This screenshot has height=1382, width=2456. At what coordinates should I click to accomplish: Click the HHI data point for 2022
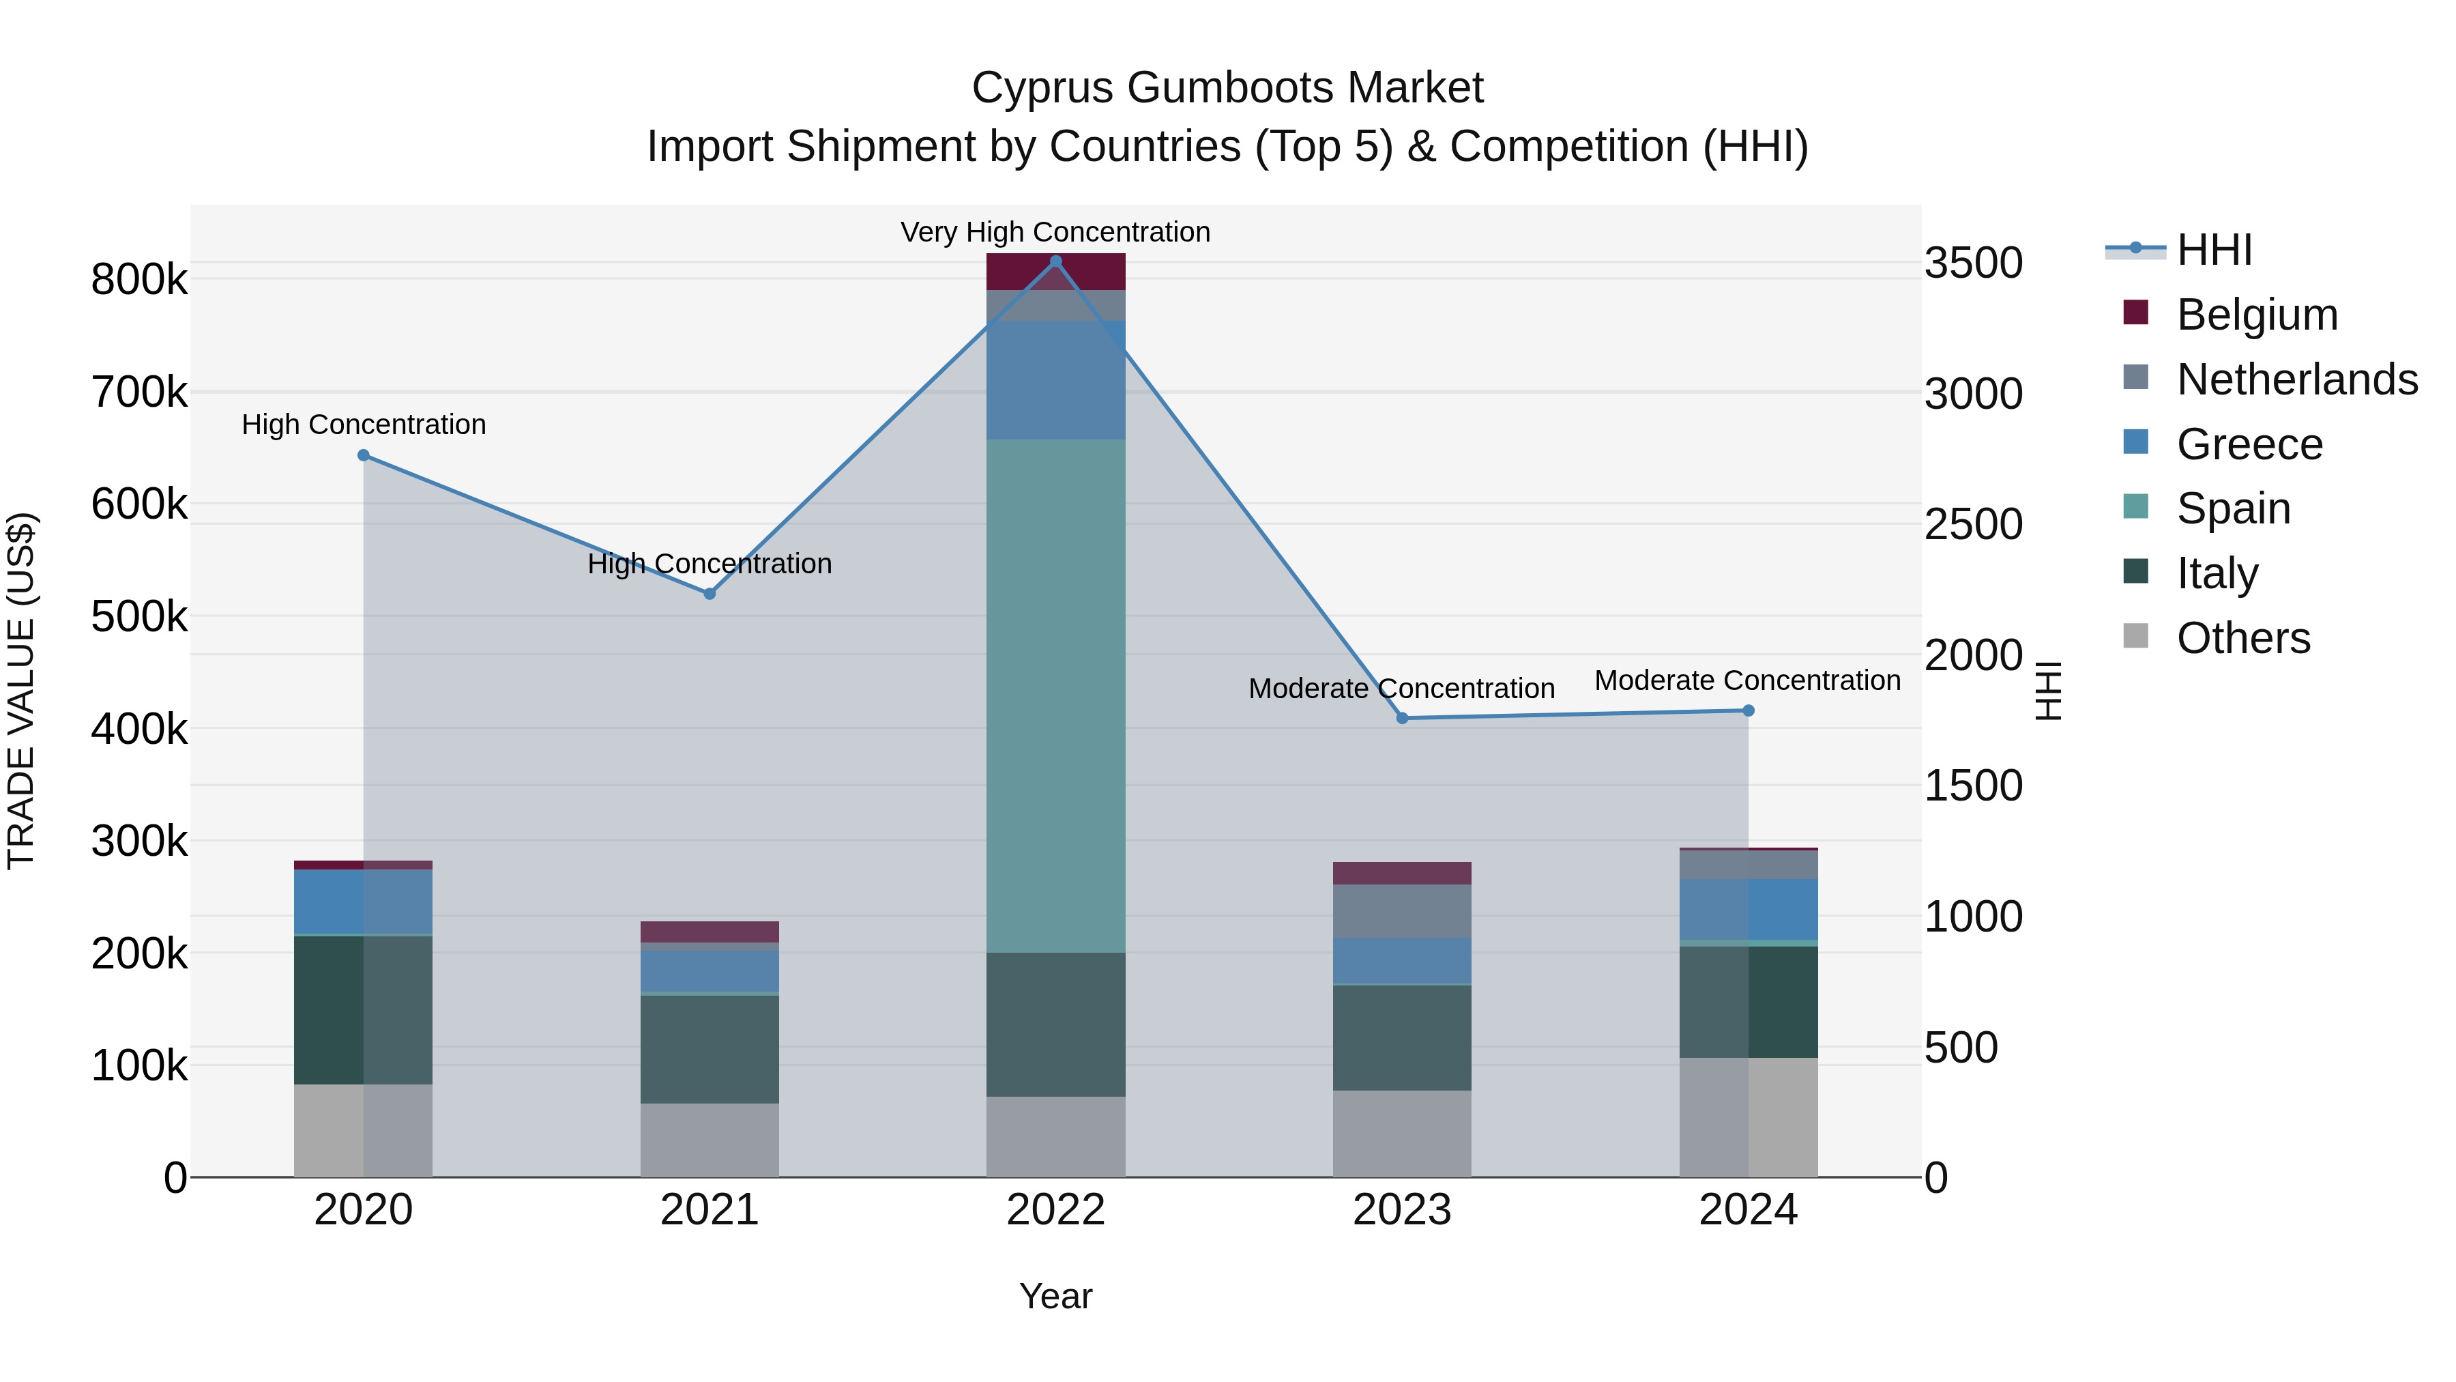(x=1055, y=261)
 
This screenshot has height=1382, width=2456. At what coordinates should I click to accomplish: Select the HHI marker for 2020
(x=363, y=456)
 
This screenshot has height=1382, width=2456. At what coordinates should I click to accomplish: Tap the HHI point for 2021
(x=710, y=593)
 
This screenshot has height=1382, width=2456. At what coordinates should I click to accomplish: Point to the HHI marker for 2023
(x=1401, y=718)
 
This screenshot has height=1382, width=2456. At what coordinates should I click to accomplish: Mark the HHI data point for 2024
(x=1748, y=710)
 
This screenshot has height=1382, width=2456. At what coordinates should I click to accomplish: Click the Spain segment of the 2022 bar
(x=1055, y=696)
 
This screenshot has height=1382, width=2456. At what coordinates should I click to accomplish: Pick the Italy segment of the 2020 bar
(x=363, y=1010)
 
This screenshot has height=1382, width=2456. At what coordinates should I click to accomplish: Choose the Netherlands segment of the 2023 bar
(x=1401, y=911)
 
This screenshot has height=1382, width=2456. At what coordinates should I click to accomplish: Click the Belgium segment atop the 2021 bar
(x=710, y=932)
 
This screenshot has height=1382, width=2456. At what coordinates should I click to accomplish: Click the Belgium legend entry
(x=2256, y=315)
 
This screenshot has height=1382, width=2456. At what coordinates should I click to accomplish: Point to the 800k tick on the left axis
(x=139, y=280)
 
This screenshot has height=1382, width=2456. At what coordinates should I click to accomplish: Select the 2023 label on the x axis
(x=1401, y=1210)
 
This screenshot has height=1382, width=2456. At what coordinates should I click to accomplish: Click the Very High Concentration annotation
(x=1055, y=232)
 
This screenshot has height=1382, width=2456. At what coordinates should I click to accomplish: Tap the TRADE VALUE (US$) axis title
(x=21, y=691)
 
